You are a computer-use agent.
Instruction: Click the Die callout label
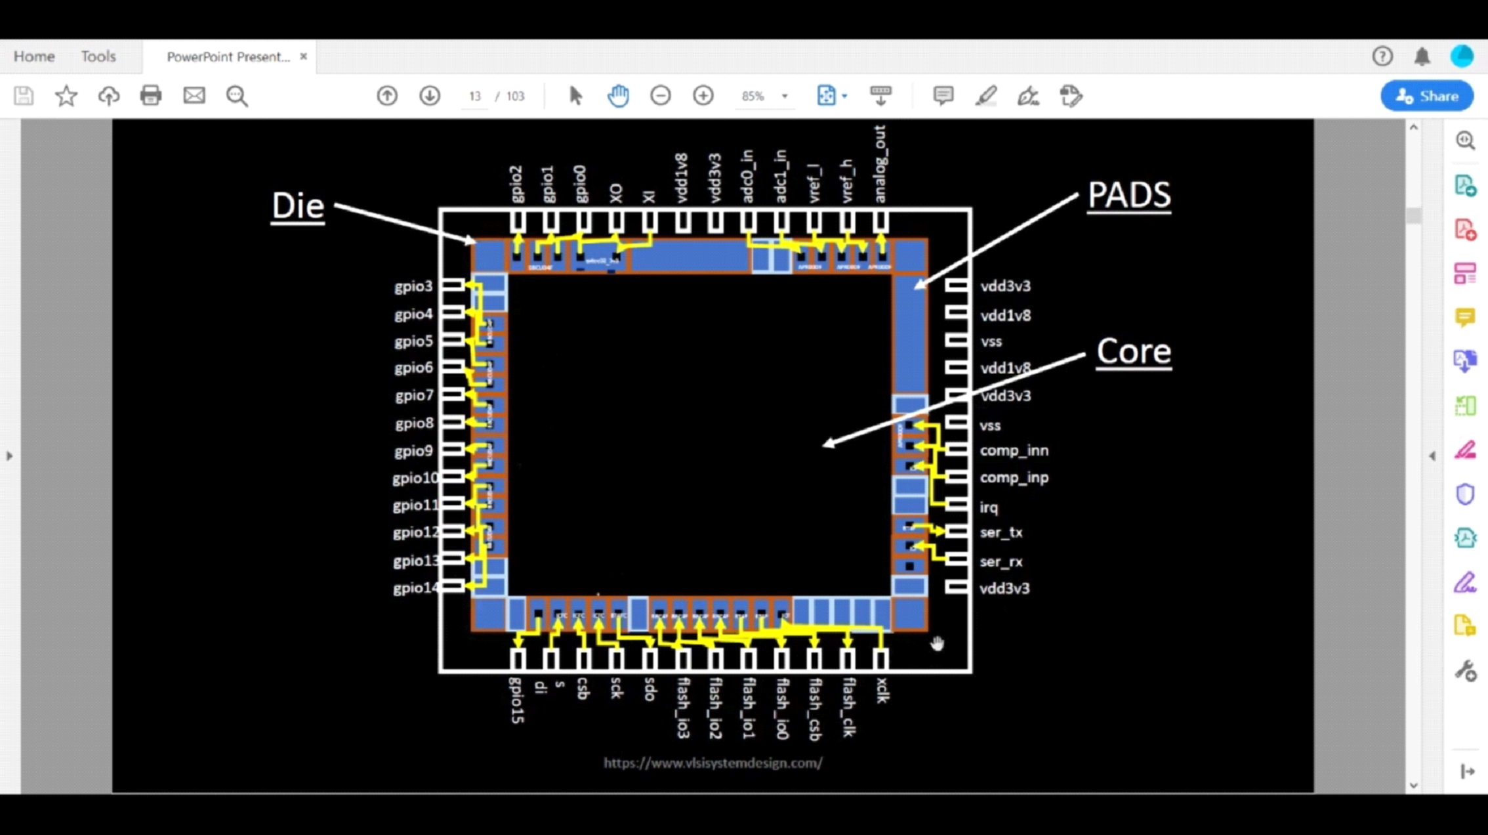click(298, 206)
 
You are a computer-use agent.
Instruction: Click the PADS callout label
click(1128, 195)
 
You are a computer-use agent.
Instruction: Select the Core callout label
click(1133, 352)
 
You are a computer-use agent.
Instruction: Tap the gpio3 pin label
click(413, 286)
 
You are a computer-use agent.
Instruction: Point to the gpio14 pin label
click(415, 588)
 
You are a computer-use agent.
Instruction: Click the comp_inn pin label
click(1014, 451)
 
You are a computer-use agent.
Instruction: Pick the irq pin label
click(989, 507)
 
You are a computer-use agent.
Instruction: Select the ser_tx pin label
click(1001, 532)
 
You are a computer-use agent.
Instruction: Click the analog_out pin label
click(880, 164)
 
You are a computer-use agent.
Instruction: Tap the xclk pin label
click(882, 691)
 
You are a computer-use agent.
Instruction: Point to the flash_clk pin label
click(849, 707)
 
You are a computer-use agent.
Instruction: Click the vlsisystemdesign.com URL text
click(713, 763)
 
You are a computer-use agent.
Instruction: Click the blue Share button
click(1426, 96)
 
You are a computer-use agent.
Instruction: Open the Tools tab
click(98, 56)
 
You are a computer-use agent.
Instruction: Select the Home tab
click(34, 56)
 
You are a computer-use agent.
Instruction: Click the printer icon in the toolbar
click(151, 96)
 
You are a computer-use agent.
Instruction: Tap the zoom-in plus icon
click(703, 96)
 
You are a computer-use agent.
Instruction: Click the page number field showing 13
click(475, 96)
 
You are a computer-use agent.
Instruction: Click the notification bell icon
click(1422, 56)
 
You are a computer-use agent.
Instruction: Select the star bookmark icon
click(66, 96)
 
